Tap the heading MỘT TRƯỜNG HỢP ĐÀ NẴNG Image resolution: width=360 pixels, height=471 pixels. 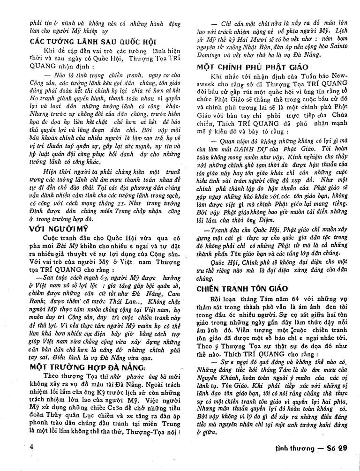point(89,366)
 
